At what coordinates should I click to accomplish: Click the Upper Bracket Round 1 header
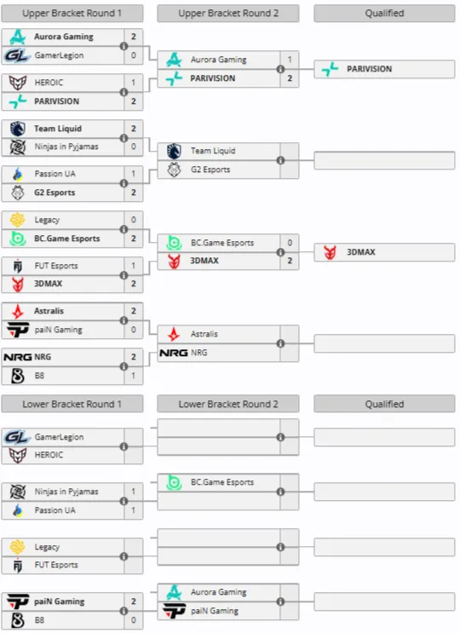tap(72, 14)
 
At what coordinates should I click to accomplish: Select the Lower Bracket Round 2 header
tap(228, 404)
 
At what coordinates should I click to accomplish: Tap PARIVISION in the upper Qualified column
tap(369, 69)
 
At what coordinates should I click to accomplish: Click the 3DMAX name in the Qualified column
tap(361, 252)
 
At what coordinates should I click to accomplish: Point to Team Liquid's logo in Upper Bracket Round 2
tap(174, 151)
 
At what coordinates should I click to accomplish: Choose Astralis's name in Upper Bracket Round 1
tap(49, 311)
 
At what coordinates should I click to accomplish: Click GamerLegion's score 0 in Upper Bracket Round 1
tap(134, 55)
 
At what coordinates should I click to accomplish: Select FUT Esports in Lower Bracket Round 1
tap(56, 565)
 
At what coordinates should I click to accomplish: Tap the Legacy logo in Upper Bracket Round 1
tap(17, 220)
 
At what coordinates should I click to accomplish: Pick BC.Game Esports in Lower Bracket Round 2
tap(222, 482)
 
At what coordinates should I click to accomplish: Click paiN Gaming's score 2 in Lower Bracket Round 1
tap(134, 601)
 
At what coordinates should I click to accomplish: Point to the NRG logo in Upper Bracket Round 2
tap(174, 353)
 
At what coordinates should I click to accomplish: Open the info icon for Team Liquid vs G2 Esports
tap(280, 160)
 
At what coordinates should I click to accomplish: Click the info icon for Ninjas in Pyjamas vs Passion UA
tap(124, 501)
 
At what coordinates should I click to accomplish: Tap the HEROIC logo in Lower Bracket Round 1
tap(17, 455)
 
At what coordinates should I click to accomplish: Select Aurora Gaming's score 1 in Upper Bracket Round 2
tap(290, 60)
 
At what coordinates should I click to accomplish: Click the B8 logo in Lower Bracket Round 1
tap(17, 620)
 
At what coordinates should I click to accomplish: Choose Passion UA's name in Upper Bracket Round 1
tap(55, 174)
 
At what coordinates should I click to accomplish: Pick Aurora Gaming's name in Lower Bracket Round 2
tap(219, 592)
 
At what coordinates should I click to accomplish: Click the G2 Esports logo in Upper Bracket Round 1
tap(17, 193)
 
